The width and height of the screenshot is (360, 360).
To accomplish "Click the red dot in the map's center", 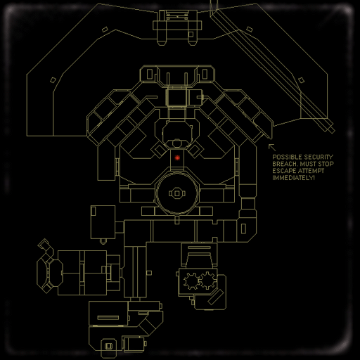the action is (x=177, y=158).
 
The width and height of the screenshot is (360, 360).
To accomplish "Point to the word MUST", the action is (x=308, y=164).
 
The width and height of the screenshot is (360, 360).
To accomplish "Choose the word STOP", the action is (x=326, y=164).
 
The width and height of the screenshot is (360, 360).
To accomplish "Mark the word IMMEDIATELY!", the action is (x=293, y=178).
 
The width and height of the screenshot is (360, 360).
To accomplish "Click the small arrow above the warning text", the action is (x=272, y=148).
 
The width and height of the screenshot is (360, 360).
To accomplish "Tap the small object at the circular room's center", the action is (x=177, y=193).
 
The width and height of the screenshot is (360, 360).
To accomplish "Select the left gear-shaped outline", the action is (x=192, y=281).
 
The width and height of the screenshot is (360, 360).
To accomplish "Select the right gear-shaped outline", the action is (x=207, y=281).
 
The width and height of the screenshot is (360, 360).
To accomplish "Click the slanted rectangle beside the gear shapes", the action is (x=215, y=297).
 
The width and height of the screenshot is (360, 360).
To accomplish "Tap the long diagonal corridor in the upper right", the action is (x=273, y=68).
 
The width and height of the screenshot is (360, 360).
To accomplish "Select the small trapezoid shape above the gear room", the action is (x=199, y=259).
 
